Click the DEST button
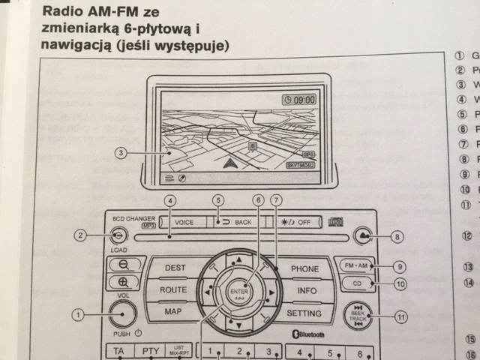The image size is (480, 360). click(175, 268)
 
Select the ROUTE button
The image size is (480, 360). click(173, 289)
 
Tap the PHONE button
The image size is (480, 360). click(304, 268)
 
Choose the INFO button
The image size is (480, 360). click(306, 289)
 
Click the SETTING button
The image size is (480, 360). click(304, 313)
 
